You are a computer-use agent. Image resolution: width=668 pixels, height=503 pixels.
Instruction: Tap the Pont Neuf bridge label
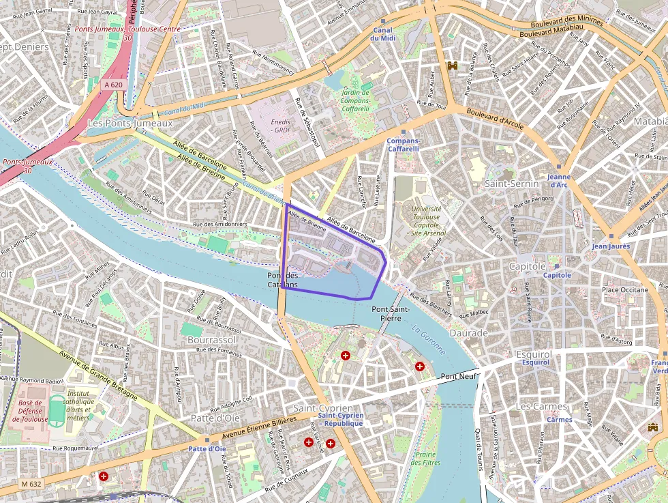[458, 377]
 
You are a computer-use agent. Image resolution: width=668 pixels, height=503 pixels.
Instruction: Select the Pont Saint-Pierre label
[391, 313]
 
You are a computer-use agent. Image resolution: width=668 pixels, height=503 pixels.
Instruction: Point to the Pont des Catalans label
[282, 280]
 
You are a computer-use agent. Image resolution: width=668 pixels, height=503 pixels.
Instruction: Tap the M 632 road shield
[31, 484]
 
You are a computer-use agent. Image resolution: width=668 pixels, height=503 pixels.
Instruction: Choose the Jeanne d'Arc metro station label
[558, 180]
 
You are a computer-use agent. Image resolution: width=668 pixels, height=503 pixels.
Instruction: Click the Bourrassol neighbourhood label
[211, 339]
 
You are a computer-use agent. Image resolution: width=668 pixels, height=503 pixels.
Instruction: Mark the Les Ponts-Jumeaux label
[130, 124]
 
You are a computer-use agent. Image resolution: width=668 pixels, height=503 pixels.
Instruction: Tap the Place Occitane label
[624, 290]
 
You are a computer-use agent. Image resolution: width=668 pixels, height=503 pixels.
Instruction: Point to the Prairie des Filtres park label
[426, 458]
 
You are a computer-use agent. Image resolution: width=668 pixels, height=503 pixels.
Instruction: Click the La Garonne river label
[428, 339]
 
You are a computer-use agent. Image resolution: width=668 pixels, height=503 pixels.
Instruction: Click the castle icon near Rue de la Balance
[451, 65]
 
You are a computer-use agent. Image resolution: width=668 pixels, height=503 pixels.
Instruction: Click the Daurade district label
[469, 333]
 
